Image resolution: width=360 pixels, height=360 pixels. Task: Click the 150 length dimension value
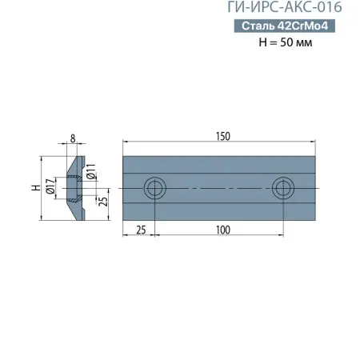click(219, 137)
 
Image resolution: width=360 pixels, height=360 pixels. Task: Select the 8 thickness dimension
click(73, 138)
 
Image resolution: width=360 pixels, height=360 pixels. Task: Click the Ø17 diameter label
click(50, 188)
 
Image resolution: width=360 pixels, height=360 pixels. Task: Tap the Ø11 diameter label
click(92, 171)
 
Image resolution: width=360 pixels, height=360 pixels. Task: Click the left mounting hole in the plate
click(154, 189)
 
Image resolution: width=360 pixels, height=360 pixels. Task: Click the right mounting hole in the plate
click(282, 189)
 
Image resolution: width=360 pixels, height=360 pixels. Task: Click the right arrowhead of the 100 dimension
click(279, 235)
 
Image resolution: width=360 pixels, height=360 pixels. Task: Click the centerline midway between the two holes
click(218, 189)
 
